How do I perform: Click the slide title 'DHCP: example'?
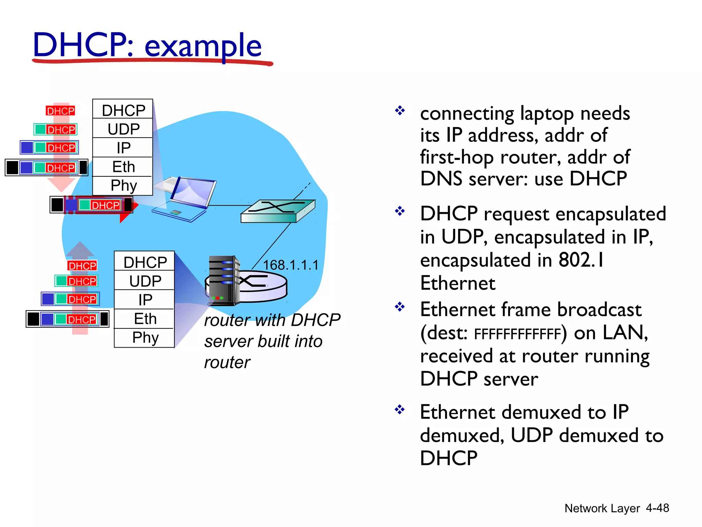coord(147,45)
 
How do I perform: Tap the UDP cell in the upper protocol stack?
coord(123,129)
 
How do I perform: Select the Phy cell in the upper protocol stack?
coord(123,186)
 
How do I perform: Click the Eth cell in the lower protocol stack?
coord(145,319)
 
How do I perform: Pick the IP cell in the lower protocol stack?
coord(145,300)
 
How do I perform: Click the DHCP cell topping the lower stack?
coord(145,262)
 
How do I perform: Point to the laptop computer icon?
coord(185,199)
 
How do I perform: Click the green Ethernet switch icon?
coord(278,211)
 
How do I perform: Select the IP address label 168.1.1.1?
coord(291,265)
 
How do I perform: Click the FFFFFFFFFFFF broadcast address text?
coord(517,334)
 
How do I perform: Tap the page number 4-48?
coord(657,508)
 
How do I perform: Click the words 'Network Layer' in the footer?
coord(602,508)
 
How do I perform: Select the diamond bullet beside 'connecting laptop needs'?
coord(400,110)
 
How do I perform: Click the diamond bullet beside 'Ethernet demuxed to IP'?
coord(400,409)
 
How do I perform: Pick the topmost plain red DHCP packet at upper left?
coord(61,111)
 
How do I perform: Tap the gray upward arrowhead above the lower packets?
coord(80,249)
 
